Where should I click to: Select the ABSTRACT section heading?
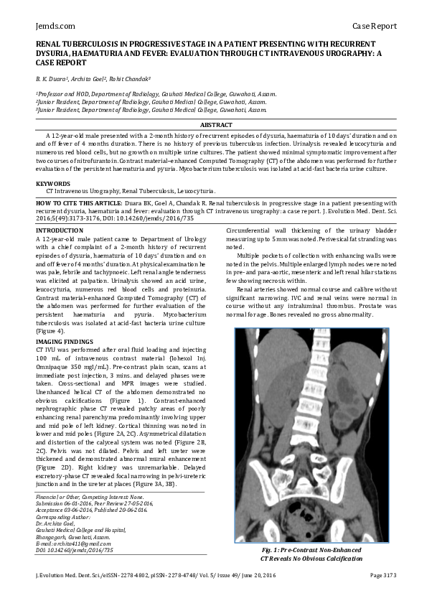(x=214, y=126)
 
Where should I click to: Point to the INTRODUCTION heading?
(x=60, y=230)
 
